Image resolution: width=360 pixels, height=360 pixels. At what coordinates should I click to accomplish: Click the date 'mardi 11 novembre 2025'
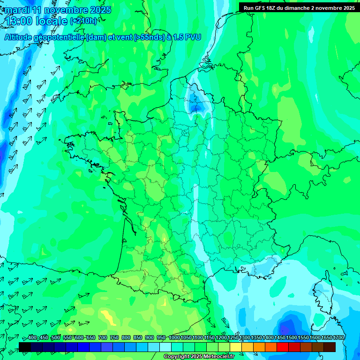(x=58, y=10)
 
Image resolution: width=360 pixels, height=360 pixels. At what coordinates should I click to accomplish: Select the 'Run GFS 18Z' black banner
(x=299, y=7)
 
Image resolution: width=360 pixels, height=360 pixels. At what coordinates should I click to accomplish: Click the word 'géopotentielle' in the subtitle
(x=59, y=37)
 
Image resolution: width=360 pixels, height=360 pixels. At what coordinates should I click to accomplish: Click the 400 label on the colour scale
(x=32, y=338)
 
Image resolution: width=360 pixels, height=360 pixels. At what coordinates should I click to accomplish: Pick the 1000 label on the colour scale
(x=174, y=338)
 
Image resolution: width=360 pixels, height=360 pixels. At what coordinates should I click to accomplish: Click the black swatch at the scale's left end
(x=25, y=347)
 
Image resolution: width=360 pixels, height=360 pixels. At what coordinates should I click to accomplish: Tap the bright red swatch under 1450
(x=283, y=347)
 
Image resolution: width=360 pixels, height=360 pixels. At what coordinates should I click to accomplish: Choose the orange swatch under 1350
(x=259, y=347)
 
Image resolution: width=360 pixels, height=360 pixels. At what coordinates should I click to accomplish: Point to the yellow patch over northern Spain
(x=108, y=317)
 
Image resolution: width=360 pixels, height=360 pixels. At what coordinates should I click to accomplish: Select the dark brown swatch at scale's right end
(x=330, y=347)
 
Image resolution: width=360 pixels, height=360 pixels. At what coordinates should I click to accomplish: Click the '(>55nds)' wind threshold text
(x=147, y=37)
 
